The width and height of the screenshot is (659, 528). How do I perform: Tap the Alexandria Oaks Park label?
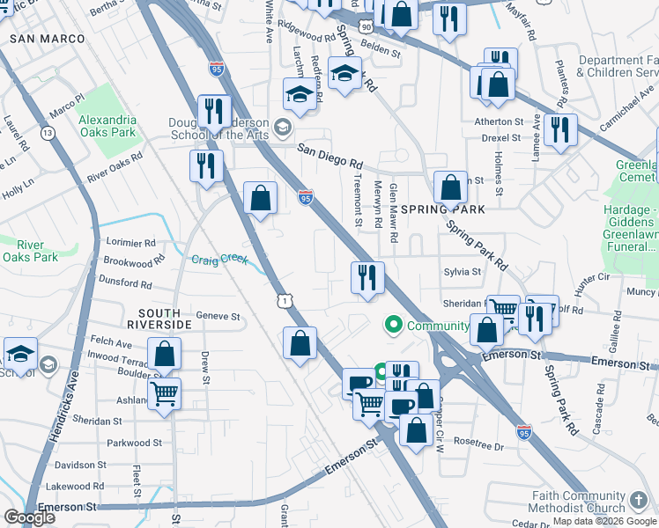[x=107, y=126]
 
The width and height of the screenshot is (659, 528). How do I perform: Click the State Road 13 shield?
[x=48, y=133]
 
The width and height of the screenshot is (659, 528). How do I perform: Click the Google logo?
[x=29, y=517]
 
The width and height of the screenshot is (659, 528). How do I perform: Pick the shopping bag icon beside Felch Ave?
[x=165, y=355]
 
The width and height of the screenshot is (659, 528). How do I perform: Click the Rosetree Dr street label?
[x=478, y=446]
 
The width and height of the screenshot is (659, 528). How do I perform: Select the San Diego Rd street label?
[x=329, y=157]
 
